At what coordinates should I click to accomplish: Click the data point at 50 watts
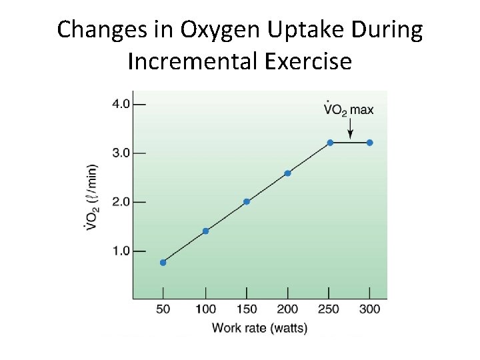click(x=163, y=263)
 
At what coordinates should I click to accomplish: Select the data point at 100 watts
click(x=205, y=231)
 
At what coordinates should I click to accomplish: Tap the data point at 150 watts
click(x=247, y=202)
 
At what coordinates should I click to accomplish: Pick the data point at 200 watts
click(x=287, y=173)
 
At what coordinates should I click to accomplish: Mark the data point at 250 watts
click(x=330, y=143)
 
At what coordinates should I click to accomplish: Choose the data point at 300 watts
click(x=370, y=143)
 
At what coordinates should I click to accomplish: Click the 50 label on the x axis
click(x=163, y=309)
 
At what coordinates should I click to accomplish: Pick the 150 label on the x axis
click(x=247, y=309)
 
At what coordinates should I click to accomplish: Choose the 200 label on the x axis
click(x=287, y=309)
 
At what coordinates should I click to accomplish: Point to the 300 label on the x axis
click(x=370, y=309)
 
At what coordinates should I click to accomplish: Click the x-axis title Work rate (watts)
click(x=251, y=328)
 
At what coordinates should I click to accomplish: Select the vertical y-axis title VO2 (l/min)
click(x=92, y=197)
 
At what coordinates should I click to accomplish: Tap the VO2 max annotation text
click(x=348, y=109)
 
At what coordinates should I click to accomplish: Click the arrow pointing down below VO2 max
click(x=351, y=130)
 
